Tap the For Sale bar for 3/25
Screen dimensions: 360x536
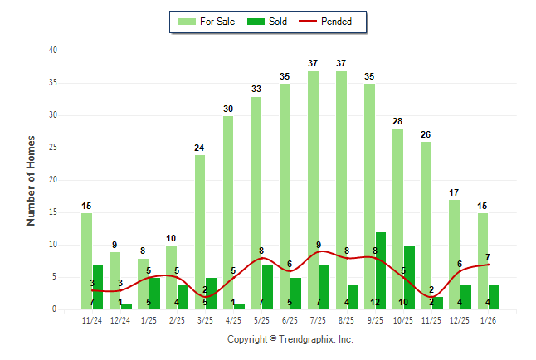point(200,232)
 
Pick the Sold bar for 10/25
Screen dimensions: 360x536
point(408,277)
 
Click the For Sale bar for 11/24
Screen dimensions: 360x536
point(86,261)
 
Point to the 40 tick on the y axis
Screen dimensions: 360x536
point(52,51)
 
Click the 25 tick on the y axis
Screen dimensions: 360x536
point(52,148)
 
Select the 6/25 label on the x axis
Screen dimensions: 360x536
point(290,320)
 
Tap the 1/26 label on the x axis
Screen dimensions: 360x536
point(488,320)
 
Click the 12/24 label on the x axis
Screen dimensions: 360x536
point(120,320)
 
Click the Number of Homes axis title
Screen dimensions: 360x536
point(32,180)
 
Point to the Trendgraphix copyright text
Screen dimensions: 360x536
point(290,339)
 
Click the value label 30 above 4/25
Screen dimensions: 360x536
point(228,109)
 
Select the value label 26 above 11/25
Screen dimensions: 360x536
point(426,134)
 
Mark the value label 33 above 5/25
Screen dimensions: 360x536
point(256,90)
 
